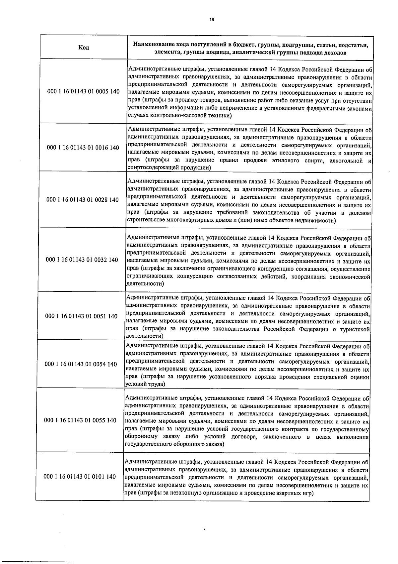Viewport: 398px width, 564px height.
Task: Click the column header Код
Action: [x=84, y=48]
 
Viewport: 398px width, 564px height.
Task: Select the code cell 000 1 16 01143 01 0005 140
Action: [x=84, y=91]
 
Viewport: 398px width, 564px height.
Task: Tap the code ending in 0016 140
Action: [x=83, y=148]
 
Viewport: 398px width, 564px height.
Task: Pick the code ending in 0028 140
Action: [x=83, y=200]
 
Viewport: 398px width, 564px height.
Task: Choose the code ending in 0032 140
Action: [x=82, y=260]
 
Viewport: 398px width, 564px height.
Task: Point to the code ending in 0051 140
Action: [x=81, y=316]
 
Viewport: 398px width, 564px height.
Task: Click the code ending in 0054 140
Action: [x=81, y=364]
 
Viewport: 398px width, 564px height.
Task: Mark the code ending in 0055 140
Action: [x=80, y=420]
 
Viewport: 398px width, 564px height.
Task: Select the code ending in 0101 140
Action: [x=80, y=477]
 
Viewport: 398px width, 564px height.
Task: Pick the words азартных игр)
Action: [x=295, y=493]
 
